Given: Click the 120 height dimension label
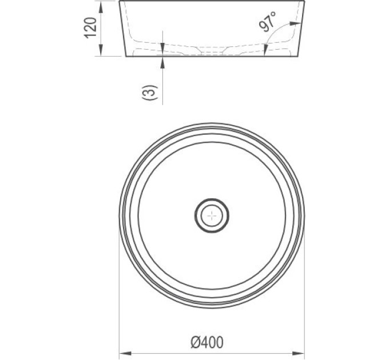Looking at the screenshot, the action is tap(90, 27).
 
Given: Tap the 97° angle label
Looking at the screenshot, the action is tap(268, 22).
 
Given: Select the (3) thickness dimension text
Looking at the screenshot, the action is tap(150, 93).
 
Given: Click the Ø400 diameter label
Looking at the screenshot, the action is tap(207, 342).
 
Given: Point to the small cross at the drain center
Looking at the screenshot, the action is tap(212, 216).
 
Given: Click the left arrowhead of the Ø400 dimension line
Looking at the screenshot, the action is tap(125, 353).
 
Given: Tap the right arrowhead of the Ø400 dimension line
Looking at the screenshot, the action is tap(298, 353).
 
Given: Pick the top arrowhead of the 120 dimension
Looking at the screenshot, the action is tap(101, 7).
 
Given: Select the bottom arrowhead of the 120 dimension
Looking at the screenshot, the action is tap(101, 50).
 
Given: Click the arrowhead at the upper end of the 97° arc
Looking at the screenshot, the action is tap(296, 23).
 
